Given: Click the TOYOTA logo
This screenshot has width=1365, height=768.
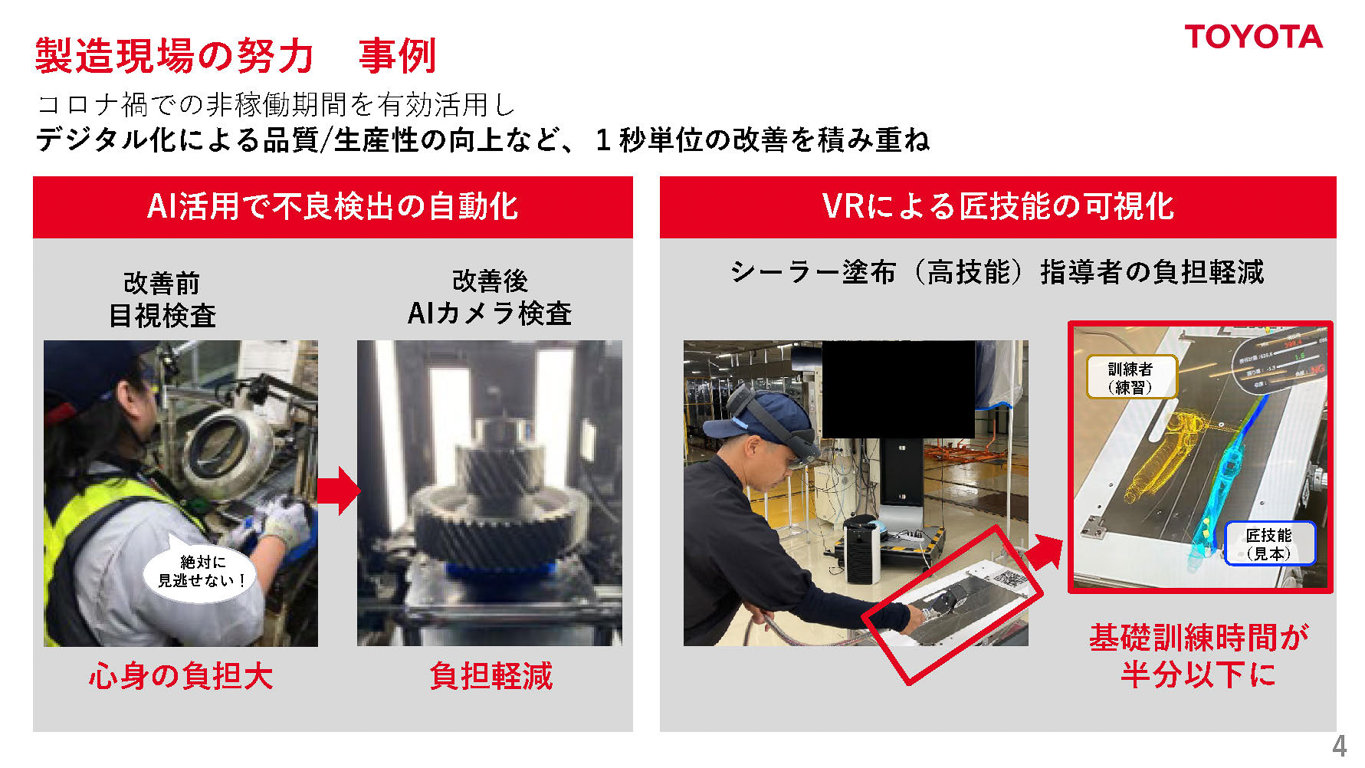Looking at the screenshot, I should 1253,37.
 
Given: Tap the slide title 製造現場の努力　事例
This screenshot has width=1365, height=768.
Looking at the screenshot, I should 235,56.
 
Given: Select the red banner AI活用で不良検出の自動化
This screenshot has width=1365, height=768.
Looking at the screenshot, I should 333,207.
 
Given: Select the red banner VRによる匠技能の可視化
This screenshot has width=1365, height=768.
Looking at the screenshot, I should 997,207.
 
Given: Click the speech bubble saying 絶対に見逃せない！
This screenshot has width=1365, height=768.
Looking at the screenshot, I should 201,572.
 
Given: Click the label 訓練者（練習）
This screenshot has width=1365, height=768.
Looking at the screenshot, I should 1130,378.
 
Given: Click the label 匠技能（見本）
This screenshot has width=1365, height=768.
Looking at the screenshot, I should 1269,544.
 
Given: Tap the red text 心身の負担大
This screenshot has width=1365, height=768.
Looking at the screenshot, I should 181,676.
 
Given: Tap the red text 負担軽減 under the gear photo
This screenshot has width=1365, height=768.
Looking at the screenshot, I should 491,676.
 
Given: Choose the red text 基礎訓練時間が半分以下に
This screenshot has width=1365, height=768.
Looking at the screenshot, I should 1199,656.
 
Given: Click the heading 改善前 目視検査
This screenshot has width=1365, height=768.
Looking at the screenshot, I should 162,300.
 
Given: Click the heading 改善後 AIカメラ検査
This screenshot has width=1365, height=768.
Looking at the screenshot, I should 490,297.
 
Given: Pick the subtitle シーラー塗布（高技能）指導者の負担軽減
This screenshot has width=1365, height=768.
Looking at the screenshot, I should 996,272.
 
